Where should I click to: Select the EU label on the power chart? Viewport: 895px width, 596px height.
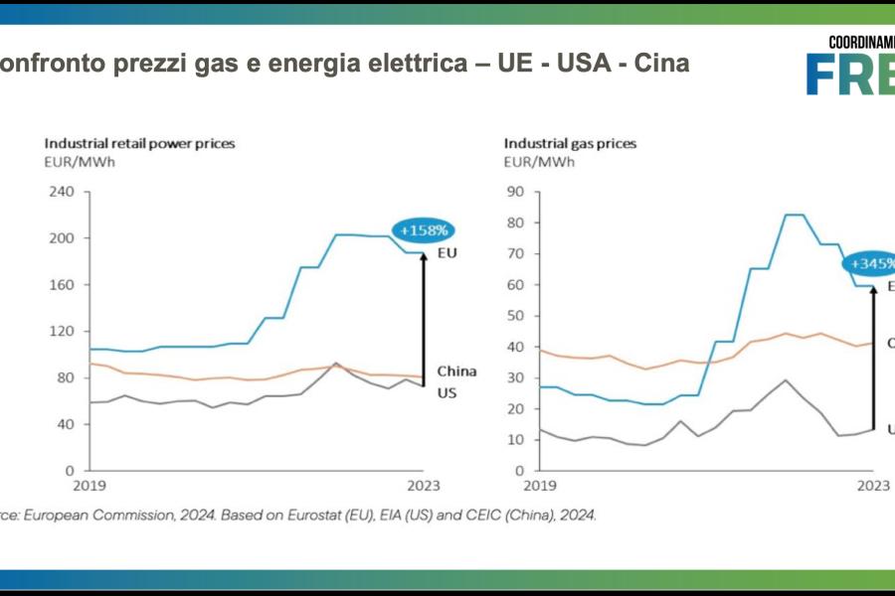pos(446,253)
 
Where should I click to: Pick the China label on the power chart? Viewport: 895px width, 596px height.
pos(456,372)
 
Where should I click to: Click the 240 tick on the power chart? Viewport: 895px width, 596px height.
pos(62,192)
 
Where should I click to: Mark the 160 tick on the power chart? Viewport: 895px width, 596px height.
pos(62,285)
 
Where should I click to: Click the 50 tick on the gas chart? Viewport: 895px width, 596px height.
pos(515,316)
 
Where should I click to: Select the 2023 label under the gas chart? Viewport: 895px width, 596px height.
pos(872,486)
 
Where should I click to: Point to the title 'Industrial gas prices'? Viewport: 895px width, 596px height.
pos(570,143)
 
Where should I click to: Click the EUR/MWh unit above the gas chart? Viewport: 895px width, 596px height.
pos(539,160)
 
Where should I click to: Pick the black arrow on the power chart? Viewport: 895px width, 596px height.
pos(424,318)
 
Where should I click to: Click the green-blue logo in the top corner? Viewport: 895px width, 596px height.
pos(850,68)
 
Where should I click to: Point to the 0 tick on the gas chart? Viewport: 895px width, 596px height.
pos(519,471)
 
